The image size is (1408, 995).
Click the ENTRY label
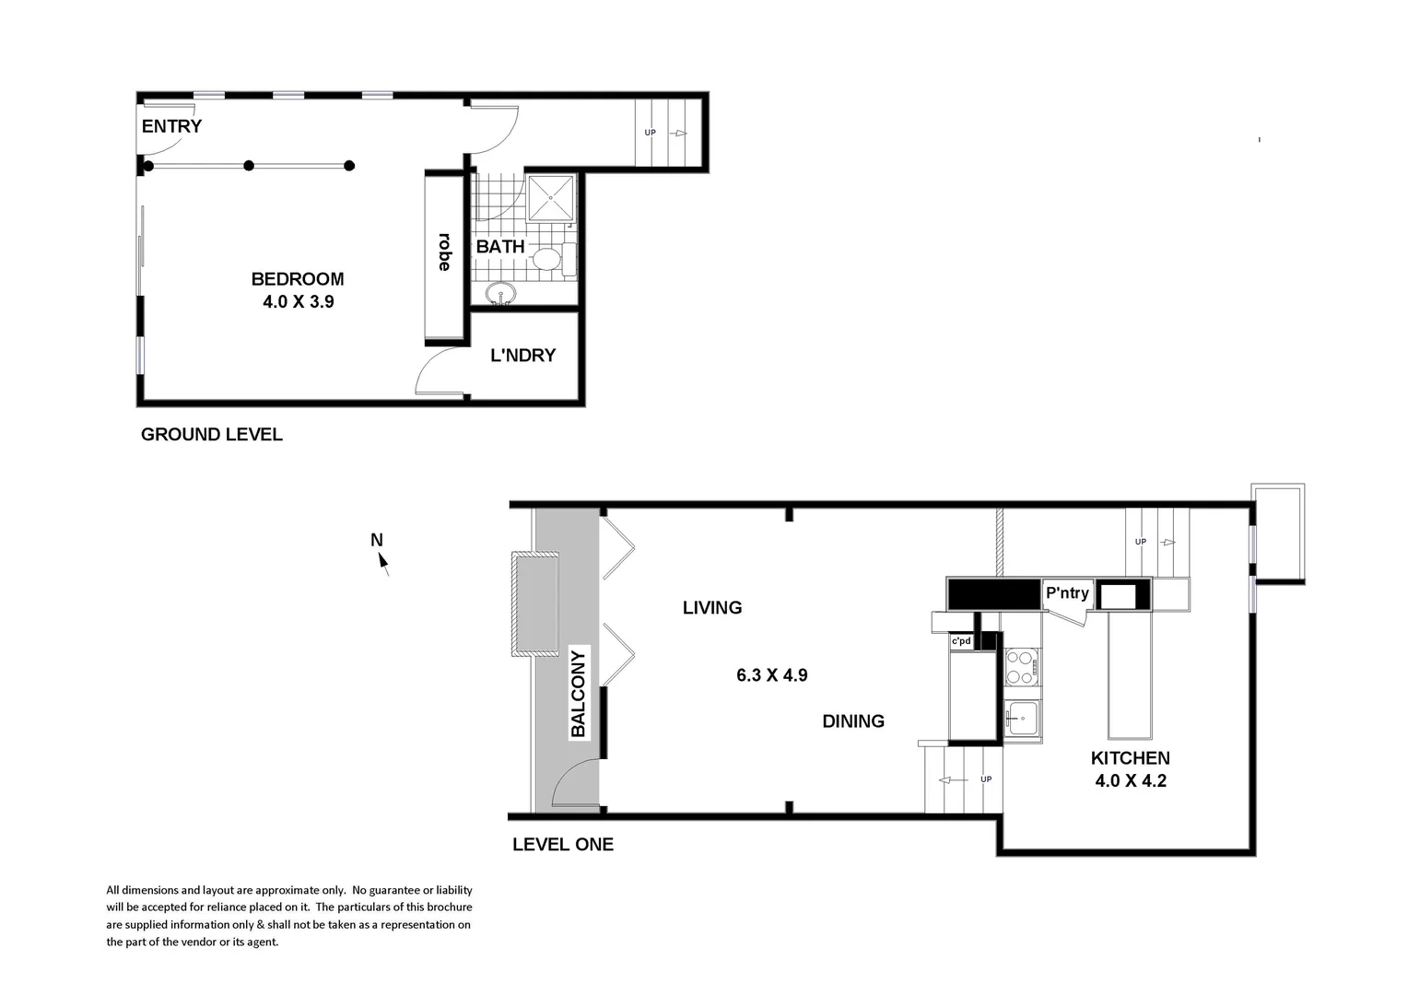(171, 126)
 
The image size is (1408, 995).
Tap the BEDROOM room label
(298, 279)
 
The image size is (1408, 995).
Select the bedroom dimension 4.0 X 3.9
(298, 301)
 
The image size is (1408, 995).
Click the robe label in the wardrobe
(444, 252)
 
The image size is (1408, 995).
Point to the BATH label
(500, 247)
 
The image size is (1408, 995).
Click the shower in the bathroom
(551, 197)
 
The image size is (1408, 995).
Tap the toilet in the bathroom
(550, 259)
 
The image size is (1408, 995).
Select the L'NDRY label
(522, 356)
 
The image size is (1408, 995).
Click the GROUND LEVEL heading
(211, 435)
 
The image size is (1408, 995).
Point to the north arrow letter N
(376, 540)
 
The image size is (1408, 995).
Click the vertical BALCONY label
(578, 694)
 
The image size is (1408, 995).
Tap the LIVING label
(712, 608)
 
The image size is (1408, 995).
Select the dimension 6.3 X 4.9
(771, 675)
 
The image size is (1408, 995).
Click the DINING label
(853, 721)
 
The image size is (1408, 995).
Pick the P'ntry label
(1067, 593)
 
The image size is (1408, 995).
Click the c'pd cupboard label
(961, 640)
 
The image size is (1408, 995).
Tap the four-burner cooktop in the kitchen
(1021, 667)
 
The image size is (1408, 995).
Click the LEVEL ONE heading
(562, 845)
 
